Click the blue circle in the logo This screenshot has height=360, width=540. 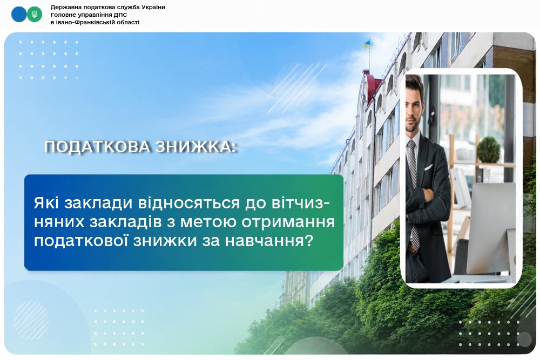[x=19, y=15]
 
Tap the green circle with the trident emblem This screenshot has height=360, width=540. [x=35, y=15]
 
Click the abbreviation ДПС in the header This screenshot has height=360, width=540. [x=120, y=15]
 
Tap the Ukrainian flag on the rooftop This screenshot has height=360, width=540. [x=367, y=44]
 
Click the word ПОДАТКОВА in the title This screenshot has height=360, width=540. [x=97, y=147]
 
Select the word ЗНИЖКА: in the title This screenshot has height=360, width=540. [x=196, y=147]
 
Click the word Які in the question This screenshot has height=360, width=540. [x=47, y=203]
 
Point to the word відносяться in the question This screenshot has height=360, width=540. [x=188, y=203]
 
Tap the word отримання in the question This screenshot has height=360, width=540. [x=288, y=222]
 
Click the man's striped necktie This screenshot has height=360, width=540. [x=413, y=193]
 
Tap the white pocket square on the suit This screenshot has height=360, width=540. [x=428, y=168]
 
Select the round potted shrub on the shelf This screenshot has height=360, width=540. [x=488, y=150]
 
